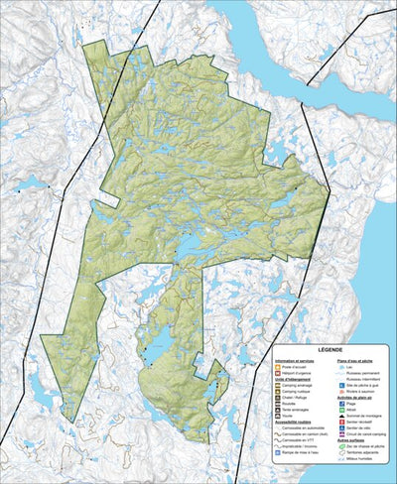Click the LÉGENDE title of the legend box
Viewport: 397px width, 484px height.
point(324,350)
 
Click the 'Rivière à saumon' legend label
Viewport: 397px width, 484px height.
point(352,393)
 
